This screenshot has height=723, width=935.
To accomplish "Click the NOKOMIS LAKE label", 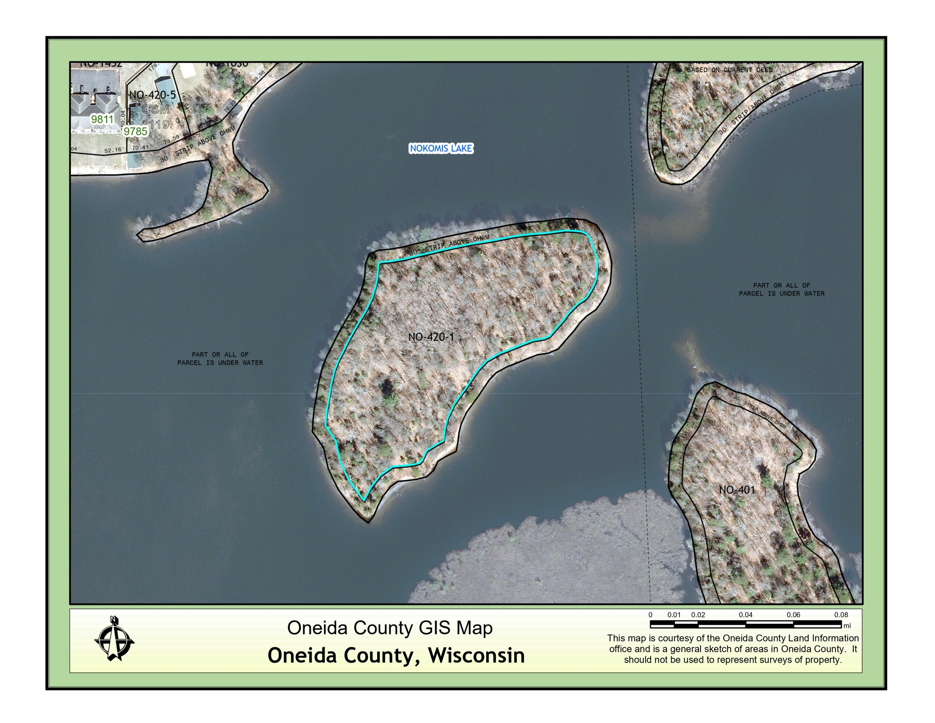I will point(441,148).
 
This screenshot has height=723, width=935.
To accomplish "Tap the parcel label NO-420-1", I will point(431,337).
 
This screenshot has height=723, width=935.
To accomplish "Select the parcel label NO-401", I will point(737,490).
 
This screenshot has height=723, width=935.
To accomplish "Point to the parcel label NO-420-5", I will point(152,95).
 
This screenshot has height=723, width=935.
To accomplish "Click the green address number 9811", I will point(102,119).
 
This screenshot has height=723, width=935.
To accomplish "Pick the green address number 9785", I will point(135,131).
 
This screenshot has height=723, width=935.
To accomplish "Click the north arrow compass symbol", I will point(114,639).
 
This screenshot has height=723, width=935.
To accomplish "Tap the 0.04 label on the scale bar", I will point(745,615).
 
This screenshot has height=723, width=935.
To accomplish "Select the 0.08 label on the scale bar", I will point(841,615).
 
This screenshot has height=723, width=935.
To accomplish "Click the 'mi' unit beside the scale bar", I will point(847,626).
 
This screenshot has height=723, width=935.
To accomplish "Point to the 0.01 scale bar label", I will point(674,615).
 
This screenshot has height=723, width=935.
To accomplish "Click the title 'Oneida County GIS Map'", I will point(390,628).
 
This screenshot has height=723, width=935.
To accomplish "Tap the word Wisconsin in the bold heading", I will point(477,655).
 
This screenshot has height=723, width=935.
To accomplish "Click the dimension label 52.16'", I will point(114,150).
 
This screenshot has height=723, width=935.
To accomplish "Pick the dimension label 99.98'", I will point(259,77).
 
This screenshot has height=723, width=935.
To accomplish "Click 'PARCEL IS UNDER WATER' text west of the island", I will point(220,363).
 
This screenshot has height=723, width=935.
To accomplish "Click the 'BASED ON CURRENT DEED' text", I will point(730,70).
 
